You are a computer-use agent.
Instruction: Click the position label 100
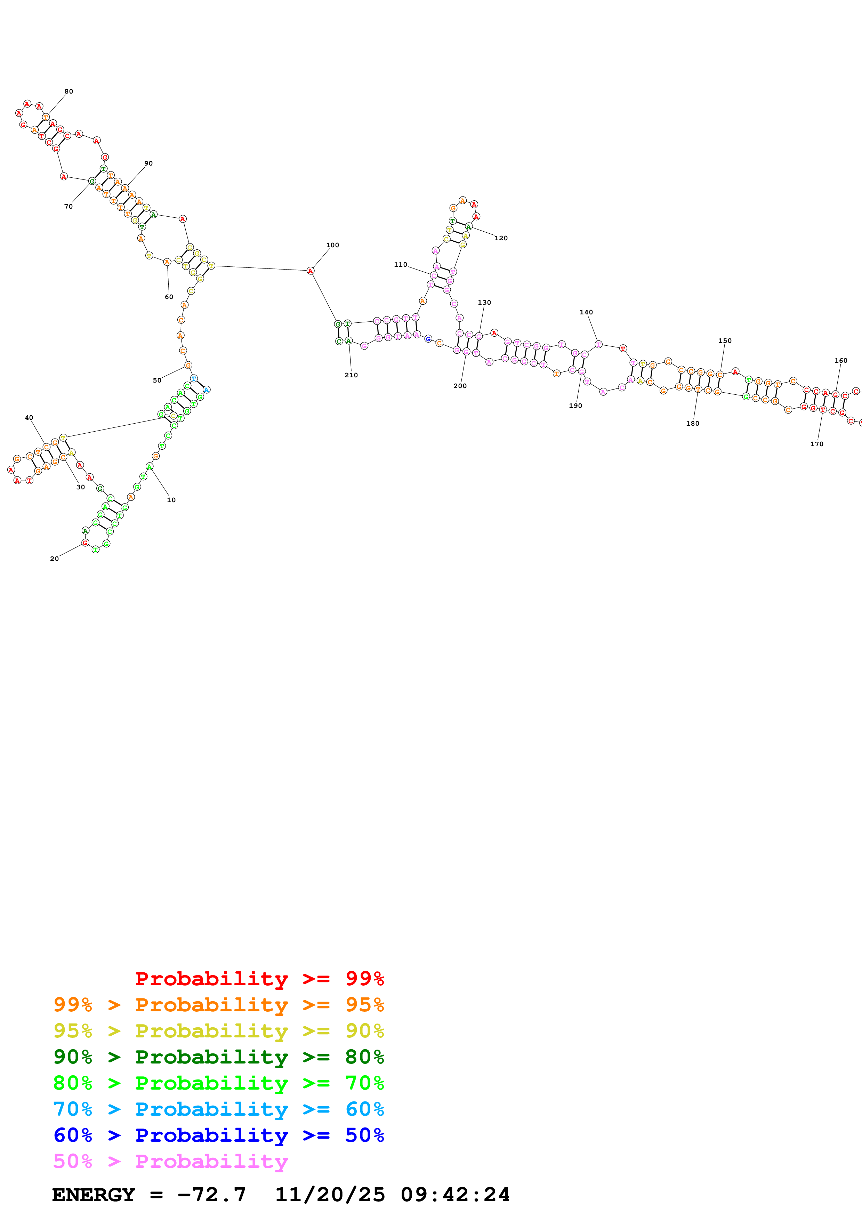point(332,245)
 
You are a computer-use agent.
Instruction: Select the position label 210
point(351,375)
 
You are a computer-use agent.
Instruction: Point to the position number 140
point(586,312)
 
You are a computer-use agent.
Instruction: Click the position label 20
point(55,559)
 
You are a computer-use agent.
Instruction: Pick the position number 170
point(817,444)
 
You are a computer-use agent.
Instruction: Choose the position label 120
point(501,238)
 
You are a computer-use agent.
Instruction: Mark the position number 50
point(157,380)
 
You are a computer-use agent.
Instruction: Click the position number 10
point(171,500)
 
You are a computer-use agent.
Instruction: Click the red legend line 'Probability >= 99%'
point(259,978)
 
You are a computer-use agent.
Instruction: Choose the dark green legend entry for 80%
point(218,1057)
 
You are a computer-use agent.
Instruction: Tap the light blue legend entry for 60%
point(218,1109)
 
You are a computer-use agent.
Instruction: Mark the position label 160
point(841,361)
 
